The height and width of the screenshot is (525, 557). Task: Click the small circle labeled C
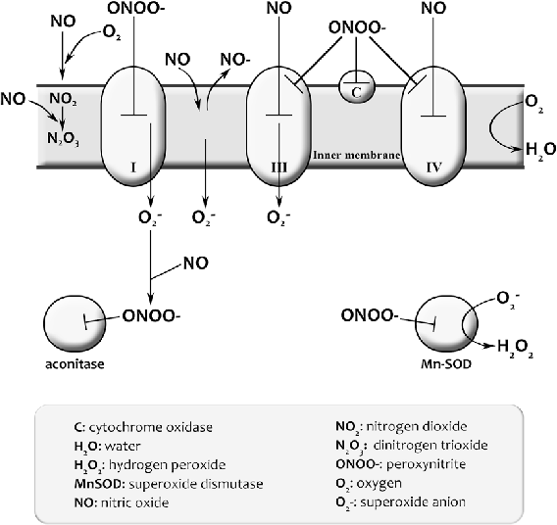point(354,91)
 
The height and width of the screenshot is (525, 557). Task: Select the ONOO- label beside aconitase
point(151,316)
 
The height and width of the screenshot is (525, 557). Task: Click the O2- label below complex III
point(279,217)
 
